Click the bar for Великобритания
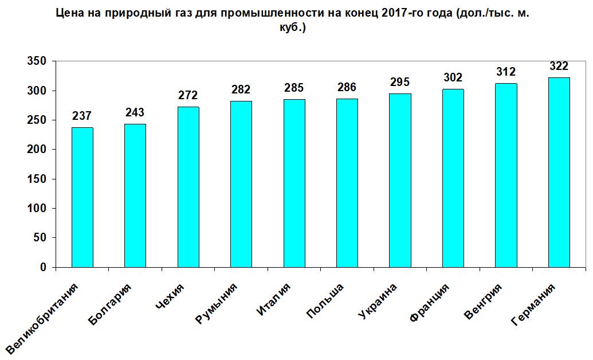82,198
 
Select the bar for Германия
559,173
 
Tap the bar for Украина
400,181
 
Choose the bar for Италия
294,183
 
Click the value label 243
135,112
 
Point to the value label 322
559,66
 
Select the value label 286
347,88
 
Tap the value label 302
453,77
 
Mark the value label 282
241,89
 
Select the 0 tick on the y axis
44,268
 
